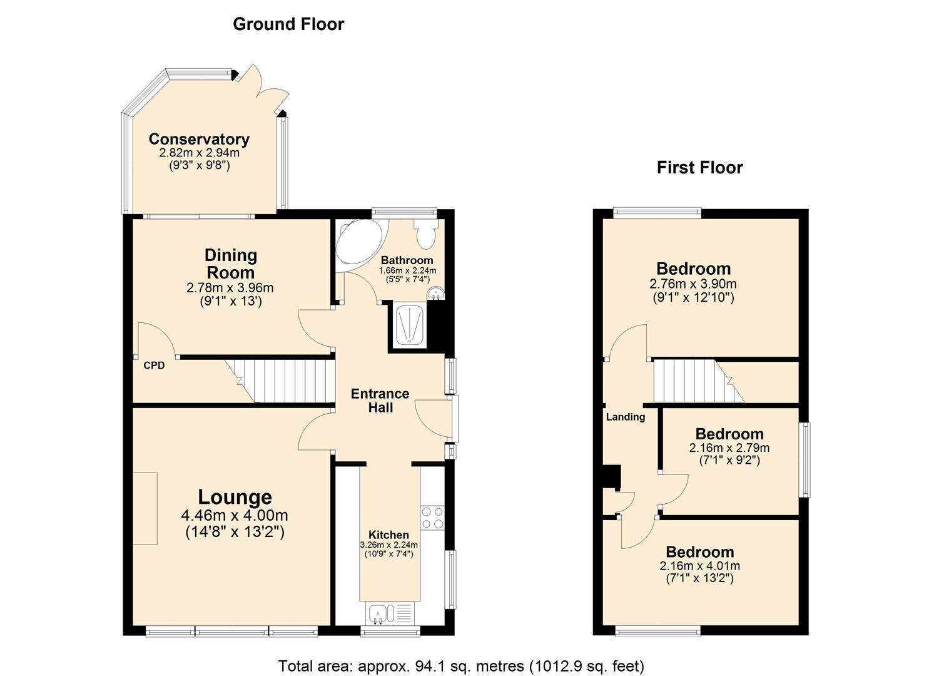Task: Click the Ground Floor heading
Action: [x=288, y=24]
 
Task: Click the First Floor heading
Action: [x=699, y=168]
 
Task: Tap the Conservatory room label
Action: [x=199, y=139]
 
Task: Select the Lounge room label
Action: [x=235, y=497]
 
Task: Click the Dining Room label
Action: [x=231, y=264]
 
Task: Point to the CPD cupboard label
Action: [x=154, y=366]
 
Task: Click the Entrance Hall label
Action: [x=380, y=401]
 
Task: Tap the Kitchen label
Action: [x=388, y=535]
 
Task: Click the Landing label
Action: [x=625, y=417]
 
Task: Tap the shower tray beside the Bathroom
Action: [x=410, y=324]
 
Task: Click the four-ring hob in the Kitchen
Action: [x=432, y=518]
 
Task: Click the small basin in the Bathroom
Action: [x=435, y=293]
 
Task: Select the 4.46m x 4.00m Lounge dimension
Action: [x=235, y=516]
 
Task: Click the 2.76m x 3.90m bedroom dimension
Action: [x=693, y=284]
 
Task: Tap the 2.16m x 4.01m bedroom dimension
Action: [x=699, y=566]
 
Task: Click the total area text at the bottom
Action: [x=461, y=666]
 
